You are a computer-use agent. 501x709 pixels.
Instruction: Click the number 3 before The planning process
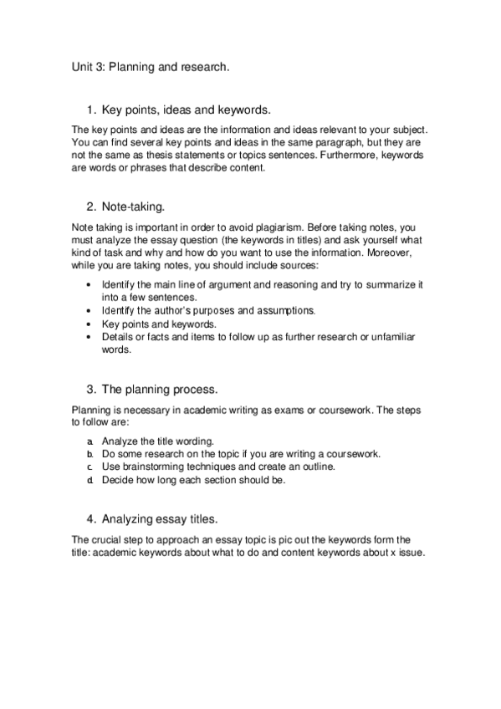pyautogui.click(x=90, y=389)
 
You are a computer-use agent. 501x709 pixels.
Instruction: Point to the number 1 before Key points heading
pyautogui.click(x=90, y=110)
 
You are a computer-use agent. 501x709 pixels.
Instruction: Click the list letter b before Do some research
pyautogui.click(x=89, y=453)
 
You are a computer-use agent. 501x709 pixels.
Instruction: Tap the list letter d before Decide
pyautogui.click(x=89, y=480)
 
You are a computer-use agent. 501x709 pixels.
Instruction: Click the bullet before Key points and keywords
pyautogui.click(x=89, y=324)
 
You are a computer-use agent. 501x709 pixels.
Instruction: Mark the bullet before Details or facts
pyautogui.click(x=89, y=337)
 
